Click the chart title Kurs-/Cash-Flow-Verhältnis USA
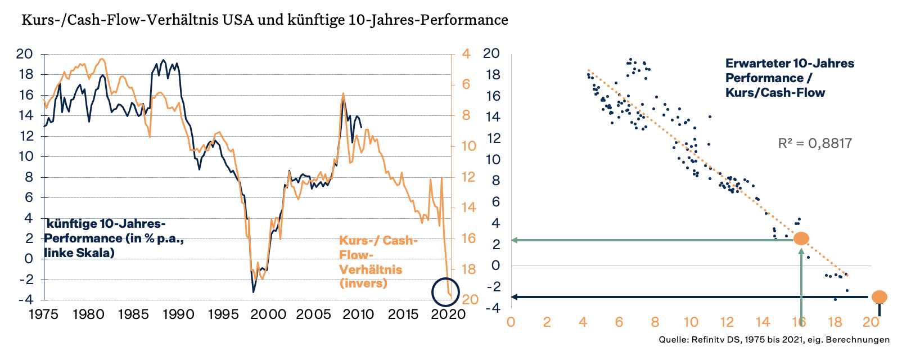[264, 20]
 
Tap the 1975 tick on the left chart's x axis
[43, 314]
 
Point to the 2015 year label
[403, 314]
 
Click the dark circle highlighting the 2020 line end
[445, 292]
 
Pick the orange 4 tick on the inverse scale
[466, 54]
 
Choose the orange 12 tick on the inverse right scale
[468, 177]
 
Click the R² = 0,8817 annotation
[815, 143]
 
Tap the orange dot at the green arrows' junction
[801, 238]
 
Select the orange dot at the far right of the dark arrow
[879, 297]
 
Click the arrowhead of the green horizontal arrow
[515, 240]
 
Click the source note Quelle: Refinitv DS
[774, 340]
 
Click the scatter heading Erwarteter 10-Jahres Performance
[789, 78]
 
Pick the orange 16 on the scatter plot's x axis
[799, 322]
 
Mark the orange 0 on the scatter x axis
[511, 322]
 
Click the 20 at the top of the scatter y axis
[491, 54]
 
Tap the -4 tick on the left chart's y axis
[25, 300]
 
